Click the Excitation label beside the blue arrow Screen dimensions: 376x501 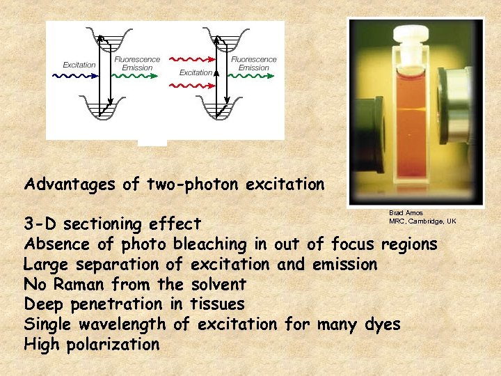pos(79,65)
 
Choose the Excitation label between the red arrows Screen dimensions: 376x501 pos(196,72)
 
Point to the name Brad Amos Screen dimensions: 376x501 pos(406,213)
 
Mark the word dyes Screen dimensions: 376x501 pos(382,324)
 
